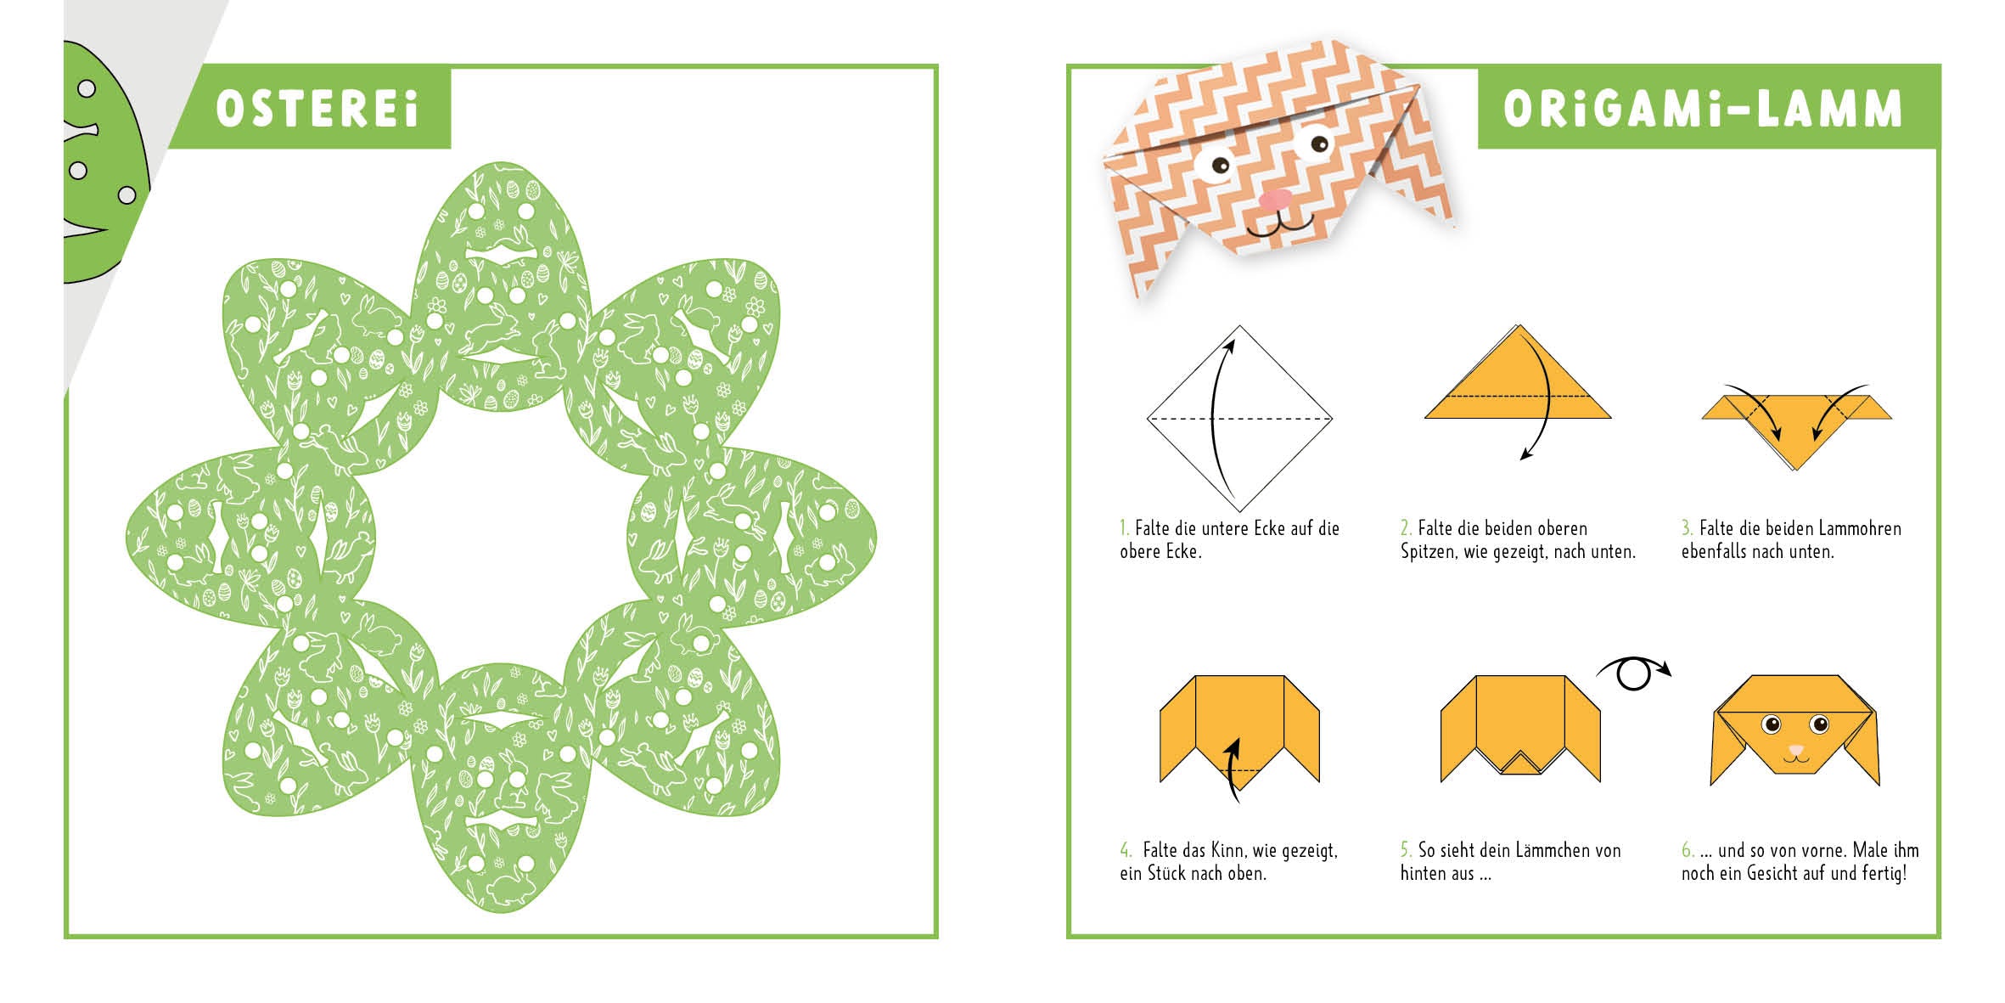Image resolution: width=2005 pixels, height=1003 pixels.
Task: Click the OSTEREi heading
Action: pos(317,110)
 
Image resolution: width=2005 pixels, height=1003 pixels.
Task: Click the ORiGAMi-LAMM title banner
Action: pos(1709,108)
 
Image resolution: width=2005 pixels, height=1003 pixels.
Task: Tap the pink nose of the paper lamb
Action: pos(1274,200)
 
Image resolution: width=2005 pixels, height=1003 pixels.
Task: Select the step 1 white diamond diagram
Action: pos(1239,418)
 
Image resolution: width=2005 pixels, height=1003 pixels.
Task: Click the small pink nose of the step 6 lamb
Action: pos(1794,751)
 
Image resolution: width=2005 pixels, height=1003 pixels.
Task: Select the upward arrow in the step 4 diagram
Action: pos(1233,770)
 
